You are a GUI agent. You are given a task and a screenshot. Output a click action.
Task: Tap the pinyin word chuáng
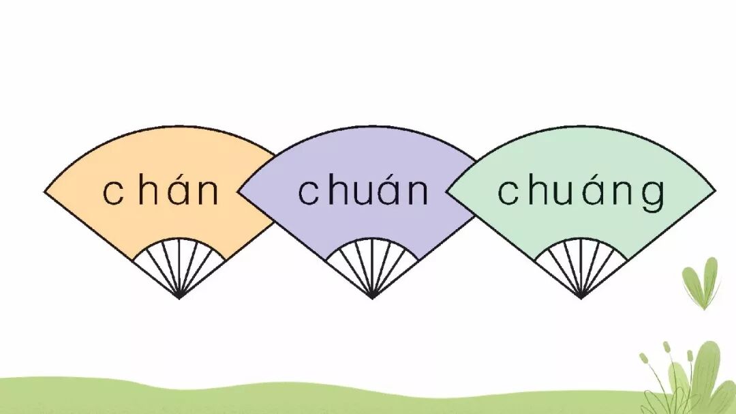point(581,192)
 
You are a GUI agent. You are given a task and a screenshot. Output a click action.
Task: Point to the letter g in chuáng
point(654,195)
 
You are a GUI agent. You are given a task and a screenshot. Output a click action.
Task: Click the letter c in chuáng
point(508,193)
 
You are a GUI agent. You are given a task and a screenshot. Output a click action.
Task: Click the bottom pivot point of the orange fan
point(179,297)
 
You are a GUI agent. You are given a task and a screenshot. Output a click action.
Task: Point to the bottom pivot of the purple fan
point(372,297)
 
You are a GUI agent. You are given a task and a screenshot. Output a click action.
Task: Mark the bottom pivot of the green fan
point(581,297)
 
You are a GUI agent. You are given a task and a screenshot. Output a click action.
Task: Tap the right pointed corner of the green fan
point(714,192)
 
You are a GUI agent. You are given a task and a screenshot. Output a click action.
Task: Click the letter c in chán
point(113,193)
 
